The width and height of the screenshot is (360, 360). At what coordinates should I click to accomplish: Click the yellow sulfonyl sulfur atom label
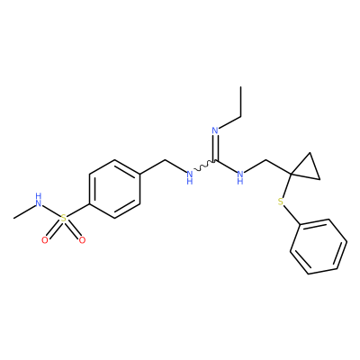(63, 218)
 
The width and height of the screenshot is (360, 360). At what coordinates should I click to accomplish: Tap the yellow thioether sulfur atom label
(281, 202)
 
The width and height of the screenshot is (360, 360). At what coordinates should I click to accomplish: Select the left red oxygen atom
(45, 240)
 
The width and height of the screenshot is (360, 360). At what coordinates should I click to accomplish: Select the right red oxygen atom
(82, 240)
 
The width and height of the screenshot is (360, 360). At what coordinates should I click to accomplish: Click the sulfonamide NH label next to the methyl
(38, 201)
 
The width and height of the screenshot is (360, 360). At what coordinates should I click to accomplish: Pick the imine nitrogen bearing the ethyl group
(215, 130)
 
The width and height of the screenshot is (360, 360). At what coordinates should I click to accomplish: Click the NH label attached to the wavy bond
(189, 177)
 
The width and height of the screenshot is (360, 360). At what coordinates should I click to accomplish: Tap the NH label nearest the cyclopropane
(240, 177)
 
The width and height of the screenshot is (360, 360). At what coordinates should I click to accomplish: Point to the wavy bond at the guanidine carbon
(204, 166)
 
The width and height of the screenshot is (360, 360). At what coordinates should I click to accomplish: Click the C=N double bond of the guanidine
(215, 148)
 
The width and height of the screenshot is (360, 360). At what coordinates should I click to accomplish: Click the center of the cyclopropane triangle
(307, 168)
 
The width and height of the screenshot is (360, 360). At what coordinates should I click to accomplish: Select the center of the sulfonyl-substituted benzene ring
(114, 189)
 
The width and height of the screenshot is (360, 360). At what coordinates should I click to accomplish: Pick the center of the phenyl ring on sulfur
(319, 247)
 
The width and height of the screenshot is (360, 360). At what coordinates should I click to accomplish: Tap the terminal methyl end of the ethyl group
(240, 86)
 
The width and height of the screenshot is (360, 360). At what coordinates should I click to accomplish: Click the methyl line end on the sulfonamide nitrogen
(13, 218)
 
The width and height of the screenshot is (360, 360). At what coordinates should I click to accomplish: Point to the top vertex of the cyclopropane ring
(310, 153)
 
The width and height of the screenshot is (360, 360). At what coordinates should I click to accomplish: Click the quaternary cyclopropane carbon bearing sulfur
(291, 174)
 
